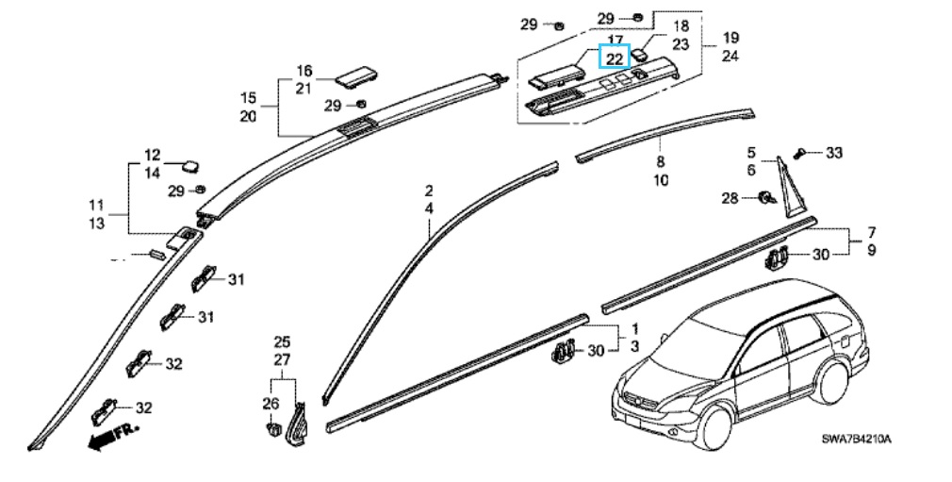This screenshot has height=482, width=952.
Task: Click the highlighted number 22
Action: tap(614, 58)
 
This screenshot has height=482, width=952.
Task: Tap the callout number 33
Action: tap(834, 152)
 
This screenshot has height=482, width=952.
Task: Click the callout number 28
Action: tap(730, 198)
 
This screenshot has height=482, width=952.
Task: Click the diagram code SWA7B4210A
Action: tap(855, 440)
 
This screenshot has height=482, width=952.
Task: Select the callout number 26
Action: tap(271, 404)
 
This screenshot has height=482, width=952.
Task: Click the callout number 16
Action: tap(304, 72)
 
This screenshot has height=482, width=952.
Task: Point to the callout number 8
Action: tap(660, 162)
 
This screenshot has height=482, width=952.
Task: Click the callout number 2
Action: tap(428, 191)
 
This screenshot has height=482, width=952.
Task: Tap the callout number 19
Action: tap(730, 39)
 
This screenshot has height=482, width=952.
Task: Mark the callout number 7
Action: tap(872, 232)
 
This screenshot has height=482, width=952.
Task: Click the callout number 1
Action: tap(634, 329)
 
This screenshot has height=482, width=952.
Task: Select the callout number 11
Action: tap(97, 205)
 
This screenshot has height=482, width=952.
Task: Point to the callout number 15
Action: tap(248, 98)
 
